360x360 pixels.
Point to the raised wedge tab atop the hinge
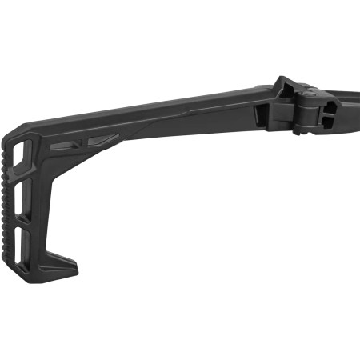click(x=286, y=86)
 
